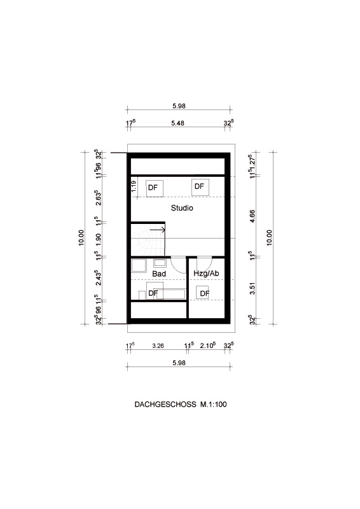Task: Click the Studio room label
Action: point(182,208)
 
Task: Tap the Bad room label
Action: point(159,274)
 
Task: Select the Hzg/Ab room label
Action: point(206,274)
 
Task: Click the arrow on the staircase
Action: point(158,230)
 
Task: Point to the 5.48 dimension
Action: point(178,123)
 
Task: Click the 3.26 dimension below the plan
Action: point(158,345)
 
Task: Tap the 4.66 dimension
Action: point(253,216)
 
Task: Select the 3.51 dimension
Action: point(253,288)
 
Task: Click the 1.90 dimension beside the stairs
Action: point(99,239)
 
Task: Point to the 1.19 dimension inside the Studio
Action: point(134,186)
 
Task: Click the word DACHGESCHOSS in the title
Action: point(165,404)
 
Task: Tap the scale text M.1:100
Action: point(214,404)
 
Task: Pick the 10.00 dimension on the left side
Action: point(81,237)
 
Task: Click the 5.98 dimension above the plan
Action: point(179,106)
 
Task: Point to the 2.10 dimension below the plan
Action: point(208,345)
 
